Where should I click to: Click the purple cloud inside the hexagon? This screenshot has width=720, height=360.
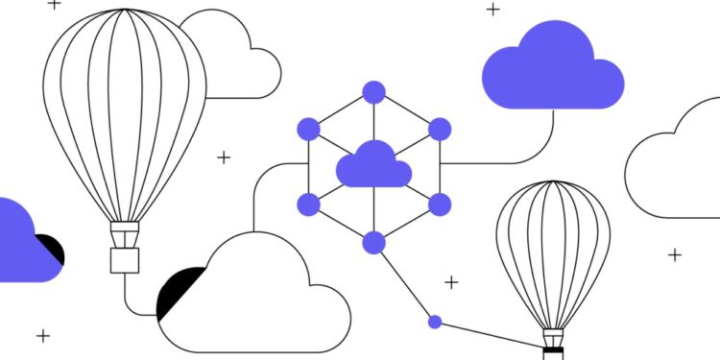coord(373,165)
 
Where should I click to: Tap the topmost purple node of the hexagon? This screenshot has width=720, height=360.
coord(373,92)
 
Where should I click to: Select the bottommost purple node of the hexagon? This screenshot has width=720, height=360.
coord(373,241)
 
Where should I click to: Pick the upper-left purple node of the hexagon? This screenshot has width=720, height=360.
coord(308,128)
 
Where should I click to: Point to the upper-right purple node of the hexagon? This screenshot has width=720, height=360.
coord(440,129)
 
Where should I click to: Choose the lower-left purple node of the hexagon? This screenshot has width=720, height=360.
coord(308,204)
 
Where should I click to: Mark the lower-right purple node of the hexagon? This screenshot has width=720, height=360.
coord(440,204)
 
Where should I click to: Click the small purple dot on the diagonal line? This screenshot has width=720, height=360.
coord(434,322)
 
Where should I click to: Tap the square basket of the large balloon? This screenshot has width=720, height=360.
coord(125,260)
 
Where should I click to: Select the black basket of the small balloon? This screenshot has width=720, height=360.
coord(553,352)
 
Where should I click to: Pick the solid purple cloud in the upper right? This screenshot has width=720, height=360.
coord(551,69)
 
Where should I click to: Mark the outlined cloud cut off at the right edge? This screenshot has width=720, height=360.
coord(677,168)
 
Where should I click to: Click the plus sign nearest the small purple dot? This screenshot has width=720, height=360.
coord(451,282)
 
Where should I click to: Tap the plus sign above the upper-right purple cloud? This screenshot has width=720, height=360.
coord(492,10)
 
